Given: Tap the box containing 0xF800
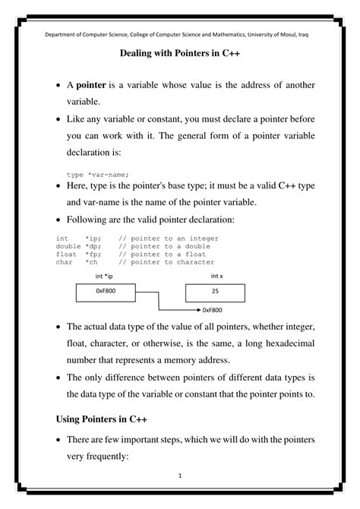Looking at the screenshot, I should click(106, 291).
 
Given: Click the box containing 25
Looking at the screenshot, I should click(215, 291).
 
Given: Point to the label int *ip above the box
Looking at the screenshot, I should click(104, 275).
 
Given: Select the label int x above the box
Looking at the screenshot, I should click(216, 275).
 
